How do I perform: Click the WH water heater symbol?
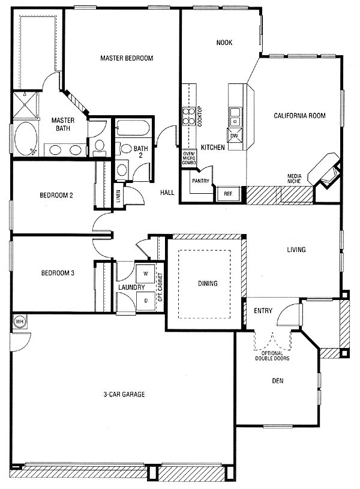[x=20, y=321]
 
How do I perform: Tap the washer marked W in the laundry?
[x=146, y=274]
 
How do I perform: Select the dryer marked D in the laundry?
[x=146, y=301]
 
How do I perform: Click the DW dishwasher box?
[x=234, y=136]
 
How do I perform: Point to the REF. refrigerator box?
[x=228, y=194]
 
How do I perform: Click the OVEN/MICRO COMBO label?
[x=189, y=158]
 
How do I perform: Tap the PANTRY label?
[x=200, y=181]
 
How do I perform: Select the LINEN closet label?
[x=118, y=196]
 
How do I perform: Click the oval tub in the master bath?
[x=26, y=138]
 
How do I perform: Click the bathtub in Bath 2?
[x=132, y=128]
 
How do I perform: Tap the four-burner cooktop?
[x=189, y=116]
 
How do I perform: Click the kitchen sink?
[x=235, y=116]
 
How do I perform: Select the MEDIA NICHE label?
[x=294, y=178]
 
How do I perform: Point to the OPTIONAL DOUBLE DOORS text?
[x=272, y=356]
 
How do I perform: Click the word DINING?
[x=208, y=283]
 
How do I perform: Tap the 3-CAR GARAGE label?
[x=124, y=395]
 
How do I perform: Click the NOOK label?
[x=224, y=43]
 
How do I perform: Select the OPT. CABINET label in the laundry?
[x=160, y=287]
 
